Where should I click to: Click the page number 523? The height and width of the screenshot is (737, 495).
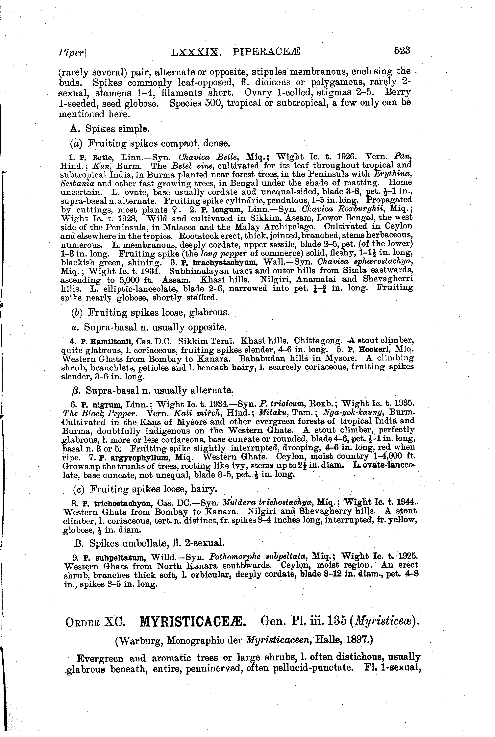[x=402, y=51]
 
